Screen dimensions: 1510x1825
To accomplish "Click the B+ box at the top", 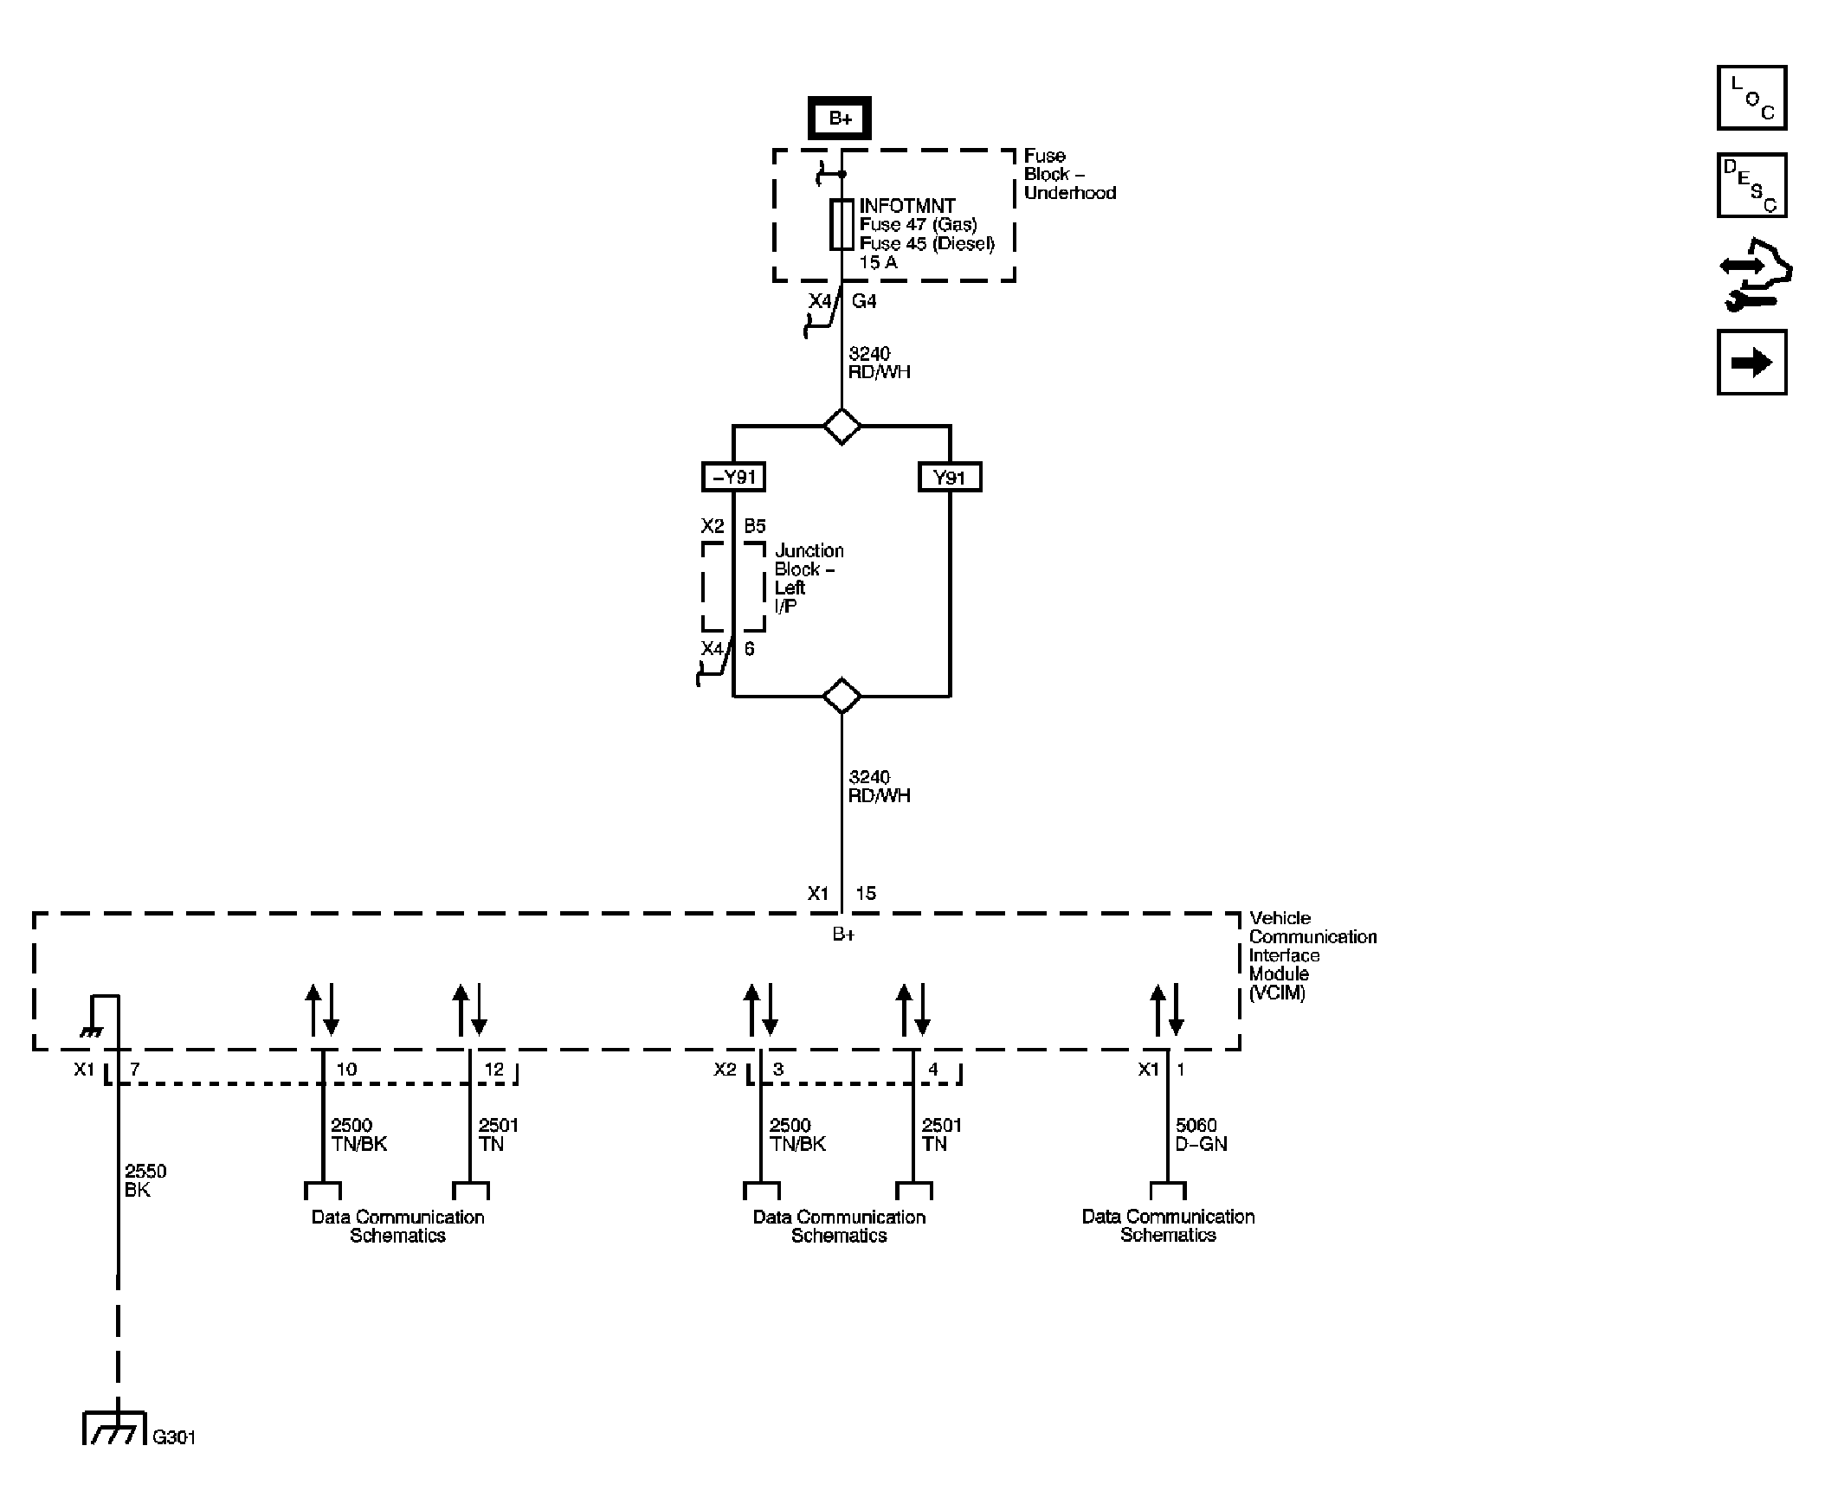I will click(839, 119).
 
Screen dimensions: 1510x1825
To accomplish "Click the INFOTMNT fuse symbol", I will click(841, 224).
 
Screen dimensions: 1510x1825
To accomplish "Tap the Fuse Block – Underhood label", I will click(1068, 174).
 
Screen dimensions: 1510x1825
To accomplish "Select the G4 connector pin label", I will click(863, 301).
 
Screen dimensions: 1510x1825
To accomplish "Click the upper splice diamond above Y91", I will click(842, 426).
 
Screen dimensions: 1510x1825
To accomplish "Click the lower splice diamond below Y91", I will click(842, 696).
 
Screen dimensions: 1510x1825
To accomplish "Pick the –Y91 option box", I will click(733, 477).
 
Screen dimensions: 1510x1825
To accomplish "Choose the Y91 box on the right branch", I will click(949, 477).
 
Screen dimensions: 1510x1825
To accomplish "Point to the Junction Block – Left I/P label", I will click(808, 578).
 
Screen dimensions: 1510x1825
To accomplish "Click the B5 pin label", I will click(754, 526).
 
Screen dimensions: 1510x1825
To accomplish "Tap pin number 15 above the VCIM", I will click(865, 893).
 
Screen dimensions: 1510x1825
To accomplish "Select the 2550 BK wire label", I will click(145, 1179).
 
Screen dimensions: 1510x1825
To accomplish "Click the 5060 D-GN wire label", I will click(1200, 1134).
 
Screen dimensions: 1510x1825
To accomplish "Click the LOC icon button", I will click(1751, 98).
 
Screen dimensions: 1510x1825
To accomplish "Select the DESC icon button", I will click(1751, 186).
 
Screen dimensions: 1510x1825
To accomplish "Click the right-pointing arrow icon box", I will click(1751, 363).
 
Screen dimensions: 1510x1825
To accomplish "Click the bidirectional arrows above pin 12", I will click(469, 1010).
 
